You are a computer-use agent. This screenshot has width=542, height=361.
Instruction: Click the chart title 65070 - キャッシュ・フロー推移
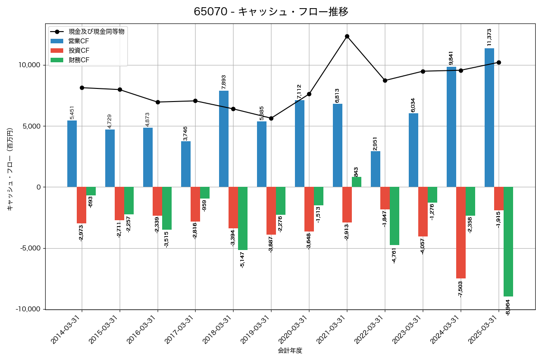(x=271, y=12)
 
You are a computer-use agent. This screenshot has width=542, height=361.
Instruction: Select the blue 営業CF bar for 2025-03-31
(x=489, y=117)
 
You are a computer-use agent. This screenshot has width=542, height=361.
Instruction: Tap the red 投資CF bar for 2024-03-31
(x=461, y=232)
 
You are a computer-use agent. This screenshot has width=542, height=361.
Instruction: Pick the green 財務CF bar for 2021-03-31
(x=356, y=182)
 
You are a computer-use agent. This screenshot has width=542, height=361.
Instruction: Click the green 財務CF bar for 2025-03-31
(x=508, y=241)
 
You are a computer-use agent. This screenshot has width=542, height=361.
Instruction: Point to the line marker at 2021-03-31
(x=347, y=36)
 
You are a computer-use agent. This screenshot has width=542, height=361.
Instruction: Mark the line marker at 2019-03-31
(x=271, y=118)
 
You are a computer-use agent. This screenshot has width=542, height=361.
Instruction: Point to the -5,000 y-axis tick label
(x=29, y=248)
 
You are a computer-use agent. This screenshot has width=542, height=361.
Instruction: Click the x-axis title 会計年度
(x=290, y=351)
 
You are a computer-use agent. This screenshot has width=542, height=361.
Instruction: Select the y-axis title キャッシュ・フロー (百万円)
(x=10, y=169)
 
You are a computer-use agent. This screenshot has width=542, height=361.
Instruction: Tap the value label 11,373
(x=489, y=37)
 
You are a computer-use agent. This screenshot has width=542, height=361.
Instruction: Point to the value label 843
(x=356, y=171)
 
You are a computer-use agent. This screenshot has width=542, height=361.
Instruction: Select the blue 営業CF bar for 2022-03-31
(x=375, y=169)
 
